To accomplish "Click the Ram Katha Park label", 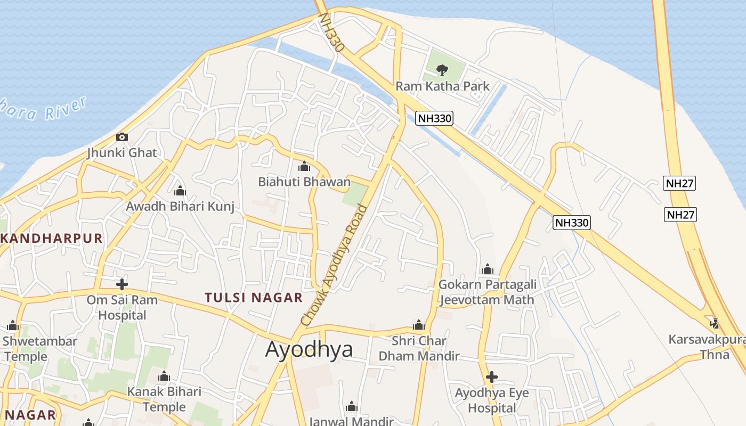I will point(442,86).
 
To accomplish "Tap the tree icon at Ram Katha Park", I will point(442,70).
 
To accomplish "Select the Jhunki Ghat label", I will point(122,153).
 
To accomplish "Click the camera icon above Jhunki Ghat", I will point(122,137).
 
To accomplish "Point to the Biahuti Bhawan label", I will point(304,182).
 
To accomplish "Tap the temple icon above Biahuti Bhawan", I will point(304,167).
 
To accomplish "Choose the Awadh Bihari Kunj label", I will point(180,206).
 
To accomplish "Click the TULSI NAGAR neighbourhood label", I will point(254,298).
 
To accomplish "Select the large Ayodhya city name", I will point(309,349).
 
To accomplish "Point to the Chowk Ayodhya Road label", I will point(334,266).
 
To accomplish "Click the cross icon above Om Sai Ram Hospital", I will point(122,284).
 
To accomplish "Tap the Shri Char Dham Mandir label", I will point(419,348).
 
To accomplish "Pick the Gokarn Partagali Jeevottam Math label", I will point(487,292).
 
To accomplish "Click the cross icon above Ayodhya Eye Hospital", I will point(491,378).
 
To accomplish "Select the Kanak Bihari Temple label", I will point(164,399).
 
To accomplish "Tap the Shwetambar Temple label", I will point(40,348).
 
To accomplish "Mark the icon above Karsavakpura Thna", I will point(715,323).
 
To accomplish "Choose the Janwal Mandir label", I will point(351,421).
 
